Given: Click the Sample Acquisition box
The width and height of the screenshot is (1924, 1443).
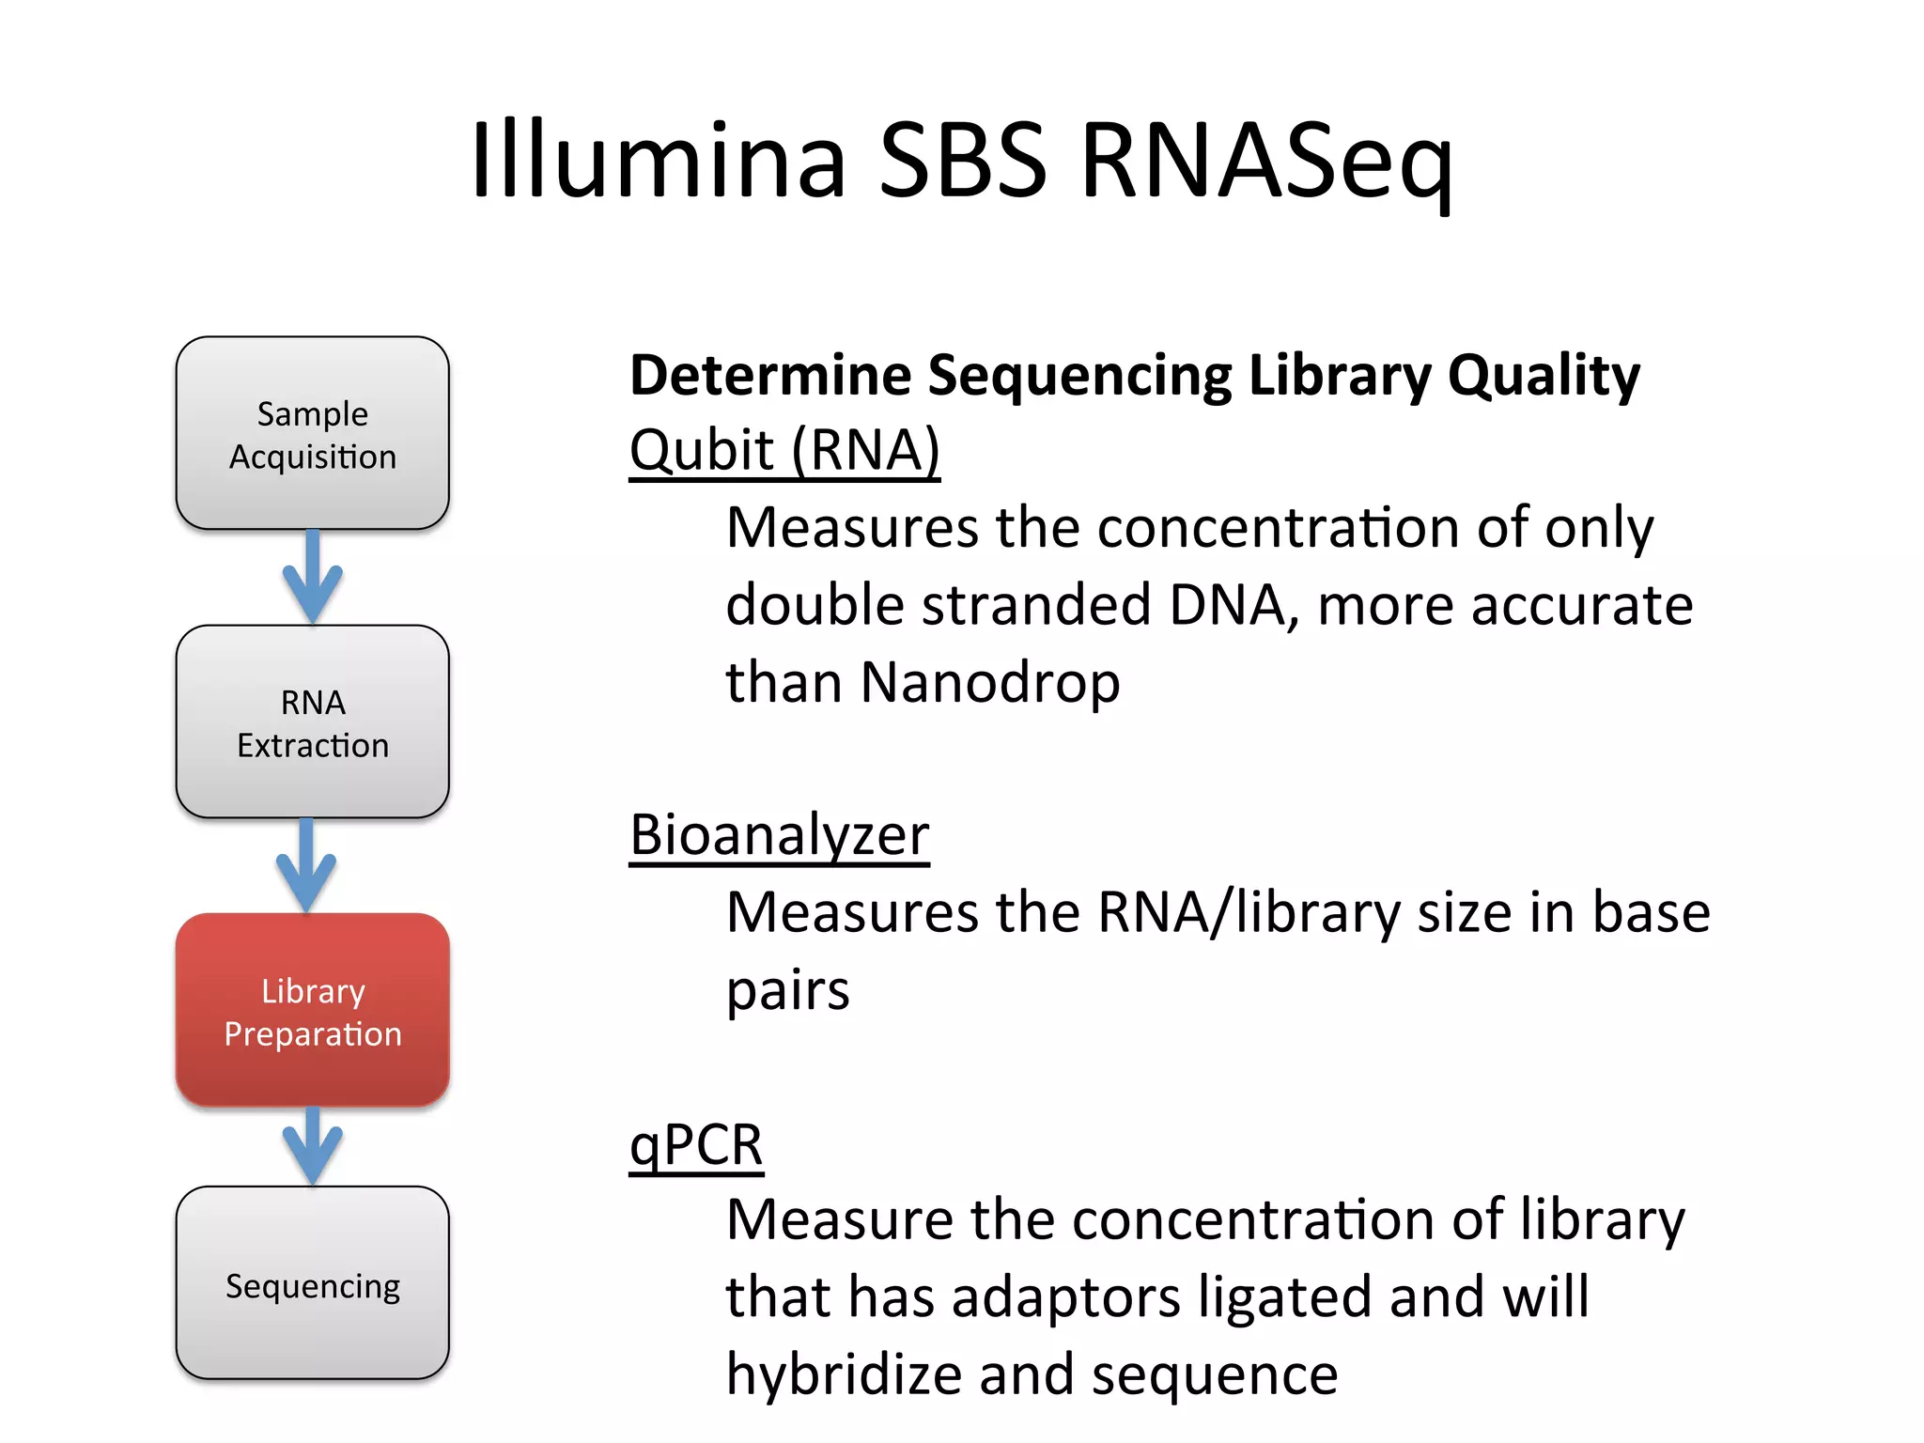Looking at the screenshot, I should point(312,434).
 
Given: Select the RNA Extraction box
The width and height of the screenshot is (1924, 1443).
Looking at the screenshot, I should point(312,722).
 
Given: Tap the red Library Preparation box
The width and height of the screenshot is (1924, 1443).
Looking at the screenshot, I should point(312,1011).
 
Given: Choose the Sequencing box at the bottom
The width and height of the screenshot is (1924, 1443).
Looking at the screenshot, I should point(312,1284).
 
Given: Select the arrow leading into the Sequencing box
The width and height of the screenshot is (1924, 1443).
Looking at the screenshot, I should point(312,1146).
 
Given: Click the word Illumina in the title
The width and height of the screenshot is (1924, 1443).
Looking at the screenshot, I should point(658,160).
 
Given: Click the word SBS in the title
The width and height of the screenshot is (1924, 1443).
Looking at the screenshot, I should point(962,160).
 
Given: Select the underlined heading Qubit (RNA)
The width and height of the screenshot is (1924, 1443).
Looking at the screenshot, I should point(784,451).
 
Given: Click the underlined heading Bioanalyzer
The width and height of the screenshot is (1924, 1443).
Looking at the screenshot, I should point(779,835).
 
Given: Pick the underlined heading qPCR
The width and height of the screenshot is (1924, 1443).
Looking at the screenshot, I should point(696,1145).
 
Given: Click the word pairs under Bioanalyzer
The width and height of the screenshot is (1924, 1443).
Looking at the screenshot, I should point(787,991).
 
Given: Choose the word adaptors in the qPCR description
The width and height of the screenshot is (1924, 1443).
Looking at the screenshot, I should point(1064,1297).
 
